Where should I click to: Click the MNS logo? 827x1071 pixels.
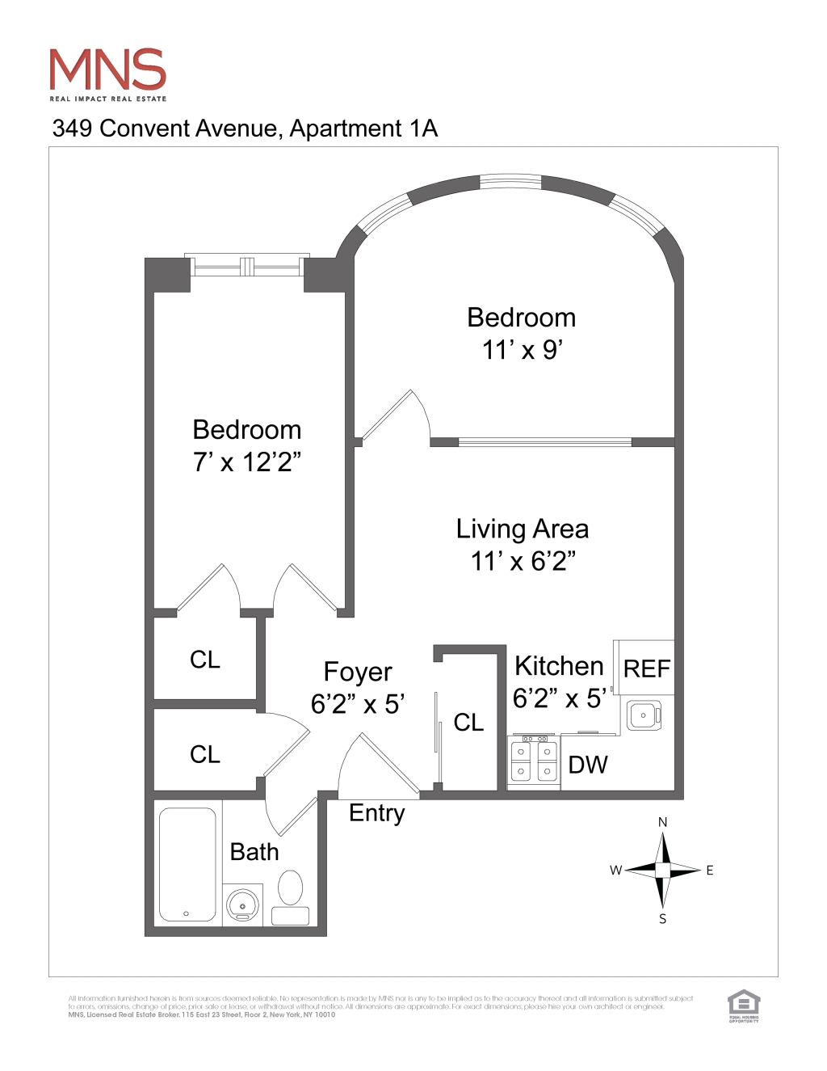tap(107, 73)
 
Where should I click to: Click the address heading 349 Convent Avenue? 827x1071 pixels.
tap(245, 129)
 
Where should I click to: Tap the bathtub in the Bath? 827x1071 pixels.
tap(187, 864)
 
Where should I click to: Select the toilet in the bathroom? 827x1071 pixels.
tap(290, 889)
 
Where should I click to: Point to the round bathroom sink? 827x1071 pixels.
tap(242, 905)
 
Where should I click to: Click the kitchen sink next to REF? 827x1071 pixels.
tap(644, 715)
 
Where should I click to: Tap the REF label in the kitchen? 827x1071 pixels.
tap(647, 669)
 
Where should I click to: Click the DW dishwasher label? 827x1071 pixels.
tap(588, 765)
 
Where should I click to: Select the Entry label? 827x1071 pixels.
tap(376, 812)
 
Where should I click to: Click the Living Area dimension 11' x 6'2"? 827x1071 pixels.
tap(523, 561)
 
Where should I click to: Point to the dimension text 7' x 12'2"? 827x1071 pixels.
tap(246, 462)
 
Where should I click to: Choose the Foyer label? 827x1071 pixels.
tap(358, 672)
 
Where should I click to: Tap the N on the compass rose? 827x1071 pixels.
tap(662, 822)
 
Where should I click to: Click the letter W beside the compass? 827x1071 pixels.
tap(615, 871)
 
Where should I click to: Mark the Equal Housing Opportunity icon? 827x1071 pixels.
tap(744, 1006)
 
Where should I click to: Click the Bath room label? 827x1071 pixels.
tap(254, 852)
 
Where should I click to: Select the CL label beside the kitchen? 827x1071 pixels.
tap(468, 722)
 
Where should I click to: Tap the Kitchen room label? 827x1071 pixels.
tap(559, 666)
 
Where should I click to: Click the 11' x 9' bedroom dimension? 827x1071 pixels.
tap(522, 350)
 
